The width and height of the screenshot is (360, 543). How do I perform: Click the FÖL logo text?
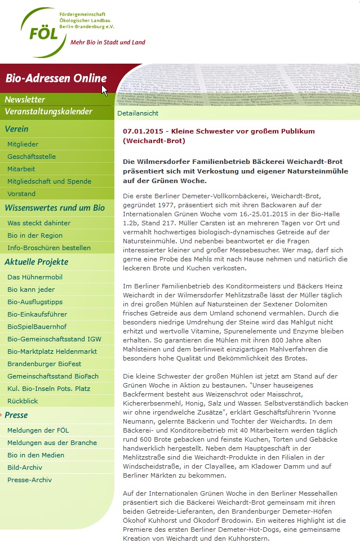[x=44, y=33]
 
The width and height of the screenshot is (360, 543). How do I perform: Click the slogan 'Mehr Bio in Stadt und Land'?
[x=108, y=42]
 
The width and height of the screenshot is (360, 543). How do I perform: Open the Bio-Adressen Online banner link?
[x=56, y=78]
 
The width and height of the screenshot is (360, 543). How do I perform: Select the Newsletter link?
[x=25, y=100]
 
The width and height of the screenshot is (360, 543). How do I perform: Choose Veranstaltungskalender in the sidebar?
[x=48, y=112]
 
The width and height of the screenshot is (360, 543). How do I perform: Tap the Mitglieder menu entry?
[x=23, y=144]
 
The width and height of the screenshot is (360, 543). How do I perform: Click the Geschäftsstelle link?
[x=32, y=157]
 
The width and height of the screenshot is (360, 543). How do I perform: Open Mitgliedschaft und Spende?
[x=49, y=181]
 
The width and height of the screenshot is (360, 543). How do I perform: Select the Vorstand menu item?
[x=21, y=194]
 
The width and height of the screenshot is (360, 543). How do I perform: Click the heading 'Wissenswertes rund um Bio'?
[x=55, y=208]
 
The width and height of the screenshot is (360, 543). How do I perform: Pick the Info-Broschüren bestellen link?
[x=49, y=248]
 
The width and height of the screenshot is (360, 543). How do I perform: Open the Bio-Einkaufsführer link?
[x=37, y=314]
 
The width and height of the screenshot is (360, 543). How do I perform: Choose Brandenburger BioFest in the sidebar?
[x=44, y=364]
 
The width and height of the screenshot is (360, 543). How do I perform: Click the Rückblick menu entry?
[x=23, y=401]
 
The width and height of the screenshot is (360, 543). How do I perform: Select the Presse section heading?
[x=16, y=415]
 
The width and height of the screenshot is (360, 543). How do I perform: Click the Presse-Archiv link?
[x=29, y=480]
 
